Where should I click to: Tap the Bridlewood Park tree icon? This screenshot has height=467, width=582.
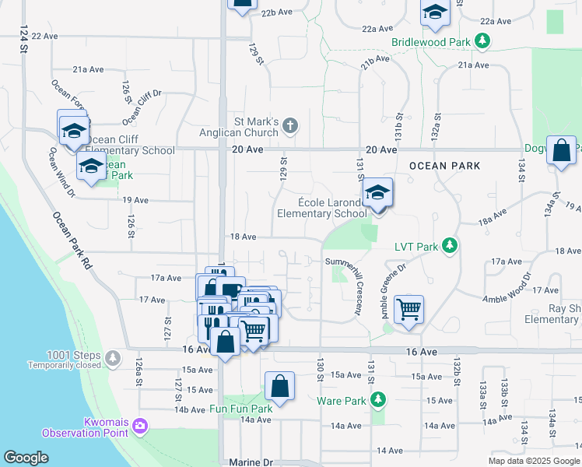483,40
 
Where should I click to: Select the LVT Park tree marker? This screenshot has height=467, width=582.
449,246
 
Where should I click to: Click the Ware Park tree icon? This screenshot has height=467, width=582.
378,401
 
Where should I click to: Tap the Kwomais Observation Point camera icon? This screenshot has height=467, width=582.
141,425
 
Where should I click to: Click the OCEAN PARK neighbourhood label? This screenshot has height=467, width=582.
444,166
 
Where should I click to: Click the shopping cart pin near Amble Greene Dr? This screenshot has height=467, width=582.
408,309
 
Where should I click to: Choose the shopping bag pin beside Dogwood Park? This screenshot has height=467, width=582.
561,150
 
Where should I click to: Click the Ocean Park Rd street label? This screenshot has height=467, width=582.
72,241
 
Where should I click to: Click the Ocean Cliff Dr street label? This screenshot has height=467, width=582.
141,107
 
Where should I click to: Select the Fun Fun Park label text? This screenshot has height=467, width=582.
240,409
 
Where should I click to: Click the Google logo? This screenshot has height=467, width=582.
26,457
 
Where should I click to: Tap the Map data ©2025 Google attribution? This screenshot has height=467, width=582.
533,461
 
